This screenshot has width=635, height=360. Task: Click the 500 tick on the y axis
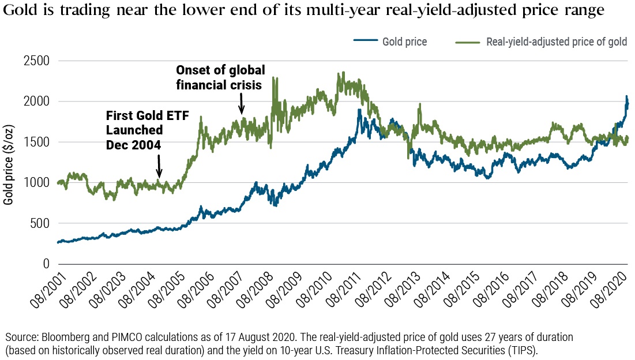tap(41, 223)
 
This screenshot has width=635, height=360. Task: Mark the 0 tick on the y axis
tap(47, 264)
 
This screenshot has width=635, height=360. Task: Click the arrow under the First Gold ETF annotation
tap(160, 171)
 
